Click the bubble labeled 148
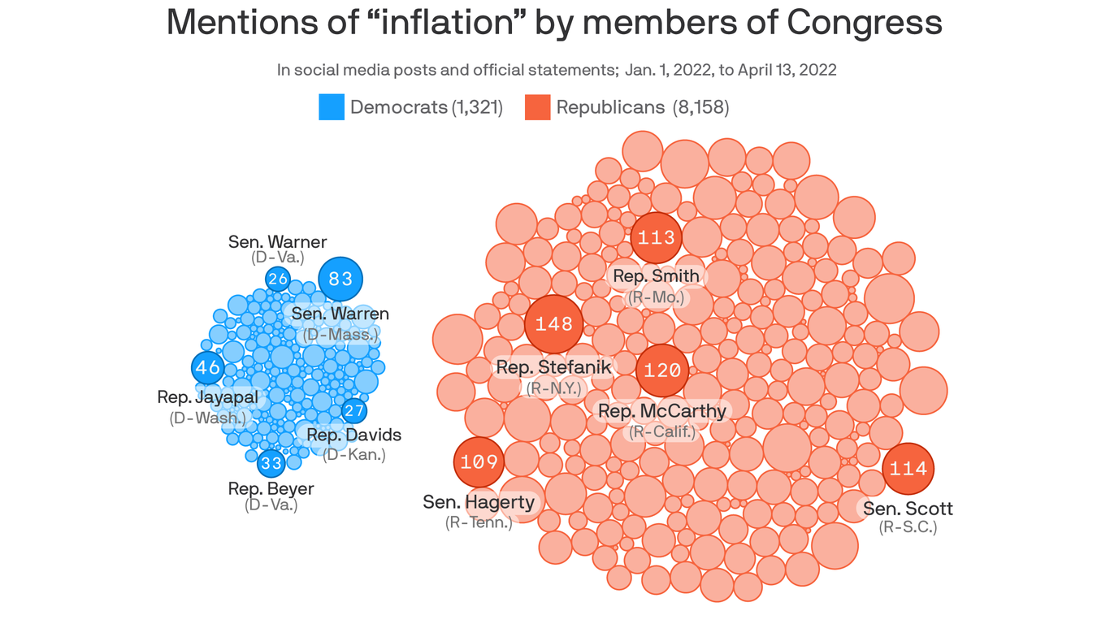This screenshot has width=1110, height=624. (554, 324)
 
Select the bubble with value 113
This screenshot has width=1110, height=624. (657, 238)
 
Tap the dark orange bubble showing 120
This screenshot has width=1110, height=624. (661, 370)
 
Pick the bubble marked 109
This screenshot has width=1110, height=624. (479, 462)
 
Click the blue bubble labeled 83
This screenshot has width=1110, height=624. (340, 279)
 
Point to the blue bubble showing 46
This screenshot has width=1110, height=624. (208, 367)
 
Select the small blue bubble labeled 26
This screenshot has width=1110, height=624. (278, 279)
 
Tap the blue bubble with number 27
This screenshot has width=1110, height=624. (353, 410)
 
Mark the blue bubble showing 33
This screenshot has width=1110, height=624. (271, 464)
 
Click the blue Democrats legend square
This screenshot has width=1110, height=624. (332, 107)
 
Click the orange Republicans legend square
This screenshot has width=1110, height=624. (537, 107)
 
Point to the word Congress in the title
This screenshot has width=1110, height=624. (865, 22)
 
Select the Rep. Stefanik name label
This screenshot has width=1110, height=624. (553, 367)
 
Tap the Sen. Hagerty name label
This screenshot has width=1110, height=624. (479, 502)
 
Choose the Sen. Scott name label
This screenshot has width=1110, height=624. (908, 509)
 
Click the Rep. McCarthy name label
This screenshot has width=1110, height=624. (661, 411)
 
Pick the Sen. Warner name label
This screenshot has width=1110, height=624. (277, 241)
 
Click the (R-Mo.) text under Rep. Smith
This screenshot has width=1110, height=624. (657, 297)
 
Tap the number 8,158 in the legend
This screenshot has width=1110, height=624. (700, 107)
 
